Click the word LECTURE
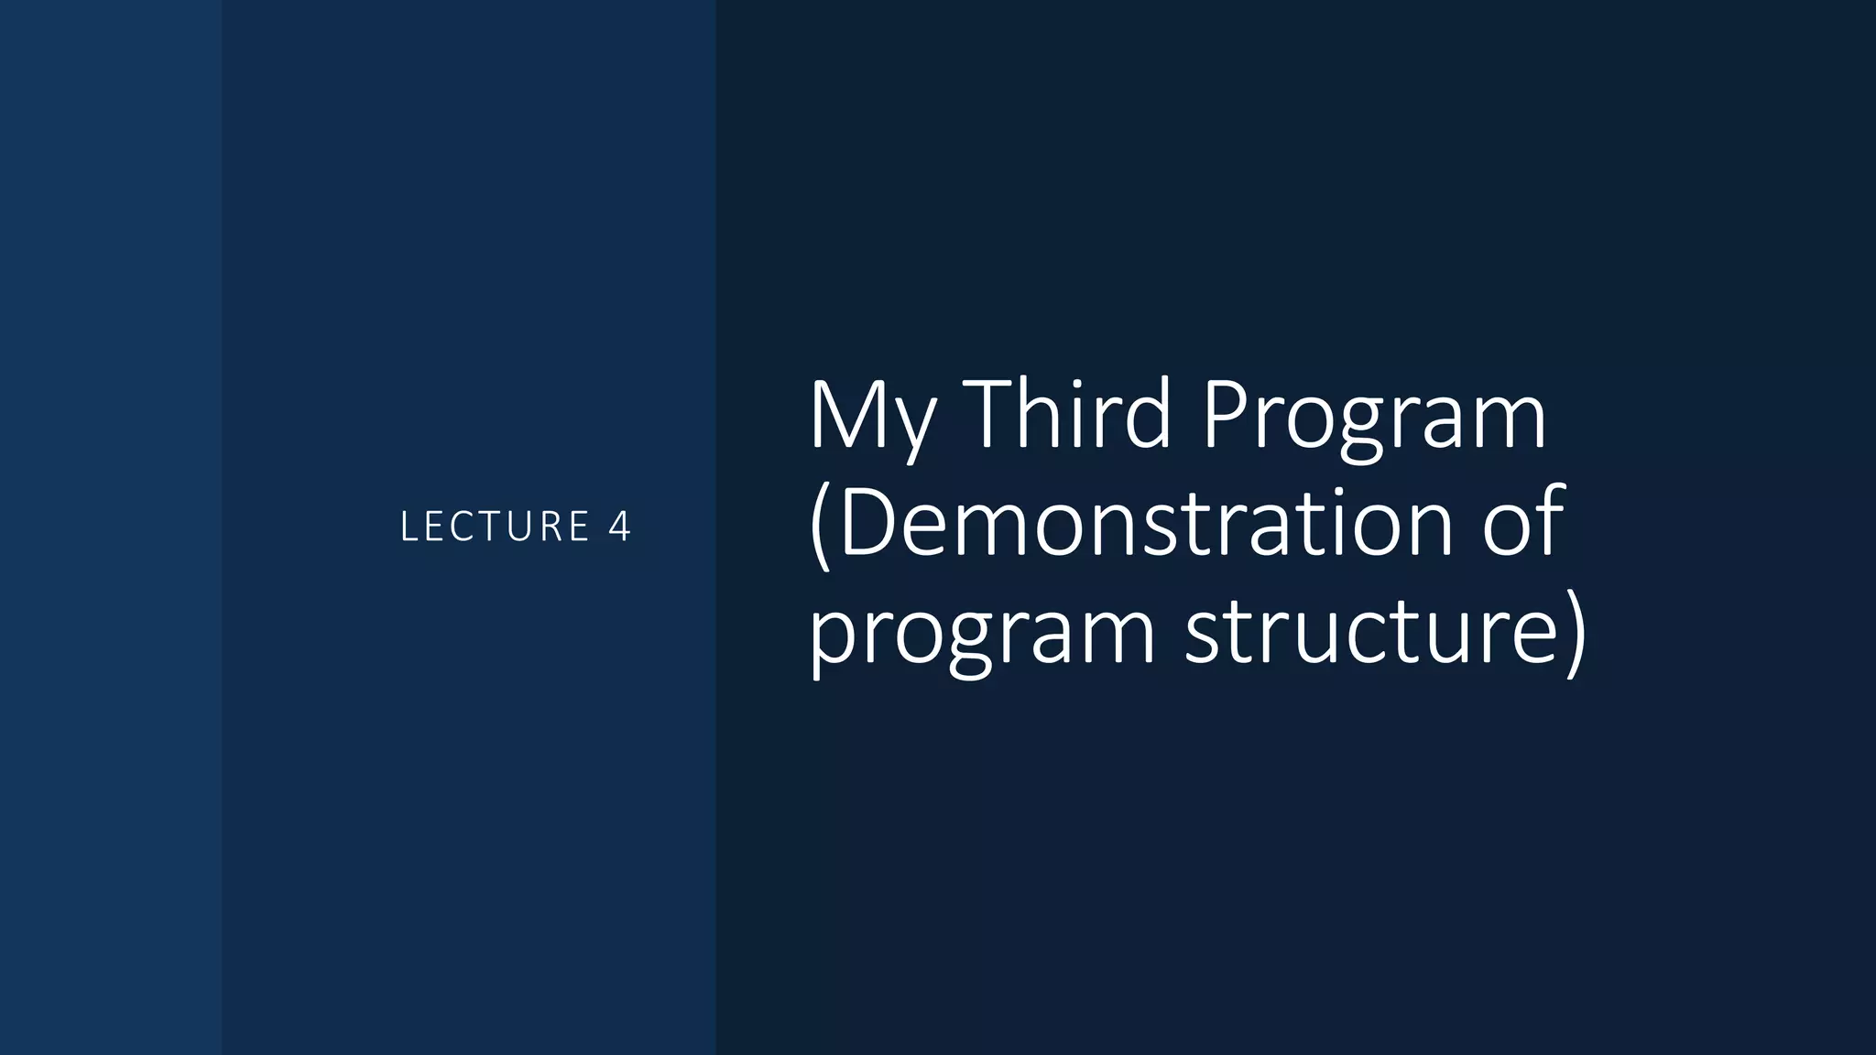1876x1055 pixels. point(495,527)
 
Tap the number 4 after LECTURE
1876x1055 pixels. point(620,527)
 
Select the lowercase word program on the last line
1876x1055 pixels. point(982,634)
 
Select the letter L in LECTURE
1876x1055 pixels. point(409,527)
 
